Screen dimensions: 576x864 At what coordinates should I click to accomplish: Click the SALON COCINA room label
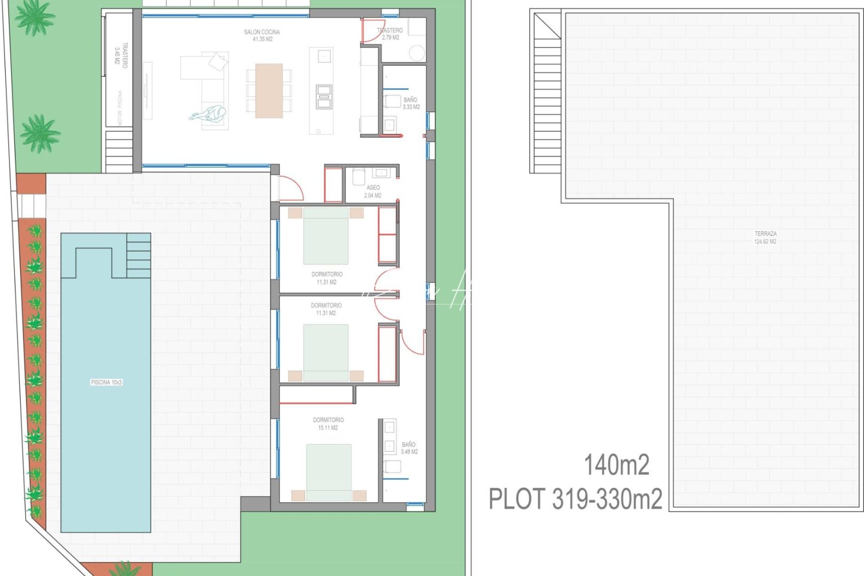pyautogui.click(x=261, y=35)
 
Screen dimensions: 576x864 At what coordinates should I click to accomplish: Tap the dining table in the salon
pyautogui.click(x=269, y=91)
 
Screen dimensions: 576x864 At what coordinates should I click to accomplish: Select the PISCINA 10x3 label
pyautogui.click(x=107, y=382)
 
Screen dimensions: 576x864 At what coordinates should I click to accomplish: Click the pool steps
pyautogui.click(x=139, y=255)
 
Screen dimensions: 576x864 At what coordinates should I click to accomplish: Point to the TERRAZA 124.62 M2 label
pyautogui.click(x=765, y=237)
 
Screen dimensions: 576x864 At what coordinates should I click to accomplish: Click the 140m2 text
pyautogui.click(x=617, y=465)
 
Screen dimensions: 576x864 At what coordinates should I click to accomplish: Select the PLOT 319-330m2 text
pyautogui.click(x=575, y=499)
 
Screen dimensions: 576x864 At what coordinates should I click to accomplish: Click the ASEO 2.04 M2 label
pyautogui.click(x=373, y=191)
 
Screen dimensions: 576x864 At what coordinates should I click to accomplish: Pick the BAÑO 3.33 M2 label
pyautogui.click(x=411, y=103)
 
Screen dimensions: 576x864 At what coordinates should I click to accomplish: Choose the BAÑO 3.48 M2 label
pyautogui.click(x=409, y=448)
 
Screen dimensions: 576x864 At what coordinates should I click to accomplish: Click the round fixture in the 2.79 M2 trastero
pyautogui.click(x=417, y=53)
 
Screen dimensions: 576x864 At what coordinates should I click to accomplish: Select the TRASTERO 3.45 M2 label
pyautogui.click(x=121, y=55)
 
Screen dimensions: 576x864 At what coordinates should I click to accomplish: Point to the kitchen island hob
pyautogui.click(x=324, y=97)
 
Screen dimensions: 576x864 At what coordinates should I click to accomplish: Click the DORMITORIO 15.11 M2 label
pyautogui.click(x=328, y=423)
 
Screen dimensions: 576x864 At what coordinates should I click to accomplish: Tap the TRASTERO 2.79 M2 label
pyautogui.click(x=390, y=34)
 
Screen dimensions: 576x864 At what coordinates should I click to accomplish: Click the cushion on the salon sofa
pyautogui.click(x=218, y=62)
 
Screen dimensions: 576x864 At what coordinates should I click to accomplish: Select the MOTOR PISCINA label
pyautogui.click(x=120, y=107)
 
